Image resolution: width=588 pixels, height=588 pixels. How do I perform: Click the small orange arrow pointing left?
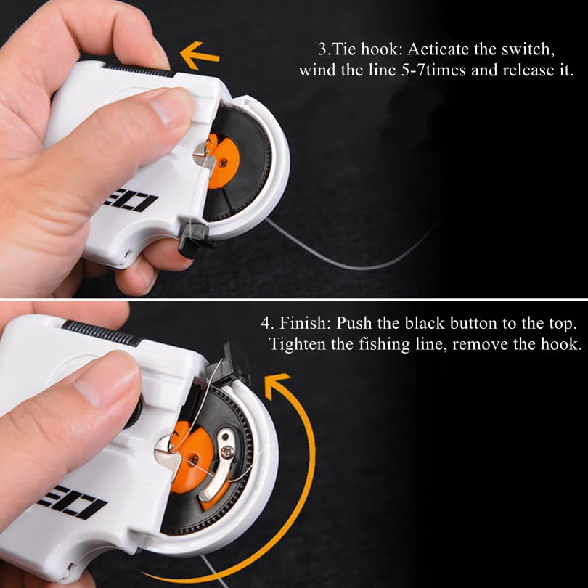pyautogui.click(x=199, y=55)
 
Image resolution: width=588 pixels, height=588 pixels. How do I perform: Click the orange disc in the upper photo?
pyautogui.click(x=223, y=161)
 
